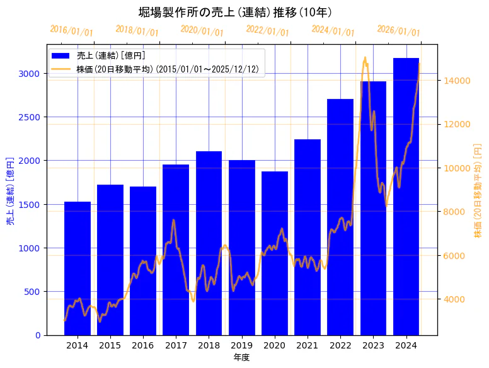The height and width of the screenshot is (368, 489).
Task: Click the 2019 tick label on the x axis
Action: coord(241,345)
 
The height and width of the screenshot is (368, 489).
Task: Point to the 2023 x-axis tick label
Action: coord(373,345)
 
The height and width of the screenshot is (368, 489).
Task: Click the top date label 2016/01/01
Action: coord(71,31)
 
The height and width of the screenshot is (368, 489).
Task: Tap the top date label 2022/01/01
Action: coord(268,31)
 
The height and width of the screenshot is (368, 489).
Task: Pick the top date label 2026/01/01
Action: coord(398,31)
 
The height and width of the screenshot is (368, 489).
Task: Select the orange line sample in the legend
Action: coord(62,68)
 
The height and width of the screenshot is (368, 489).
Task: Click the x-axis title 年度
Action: coord(241,357)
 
